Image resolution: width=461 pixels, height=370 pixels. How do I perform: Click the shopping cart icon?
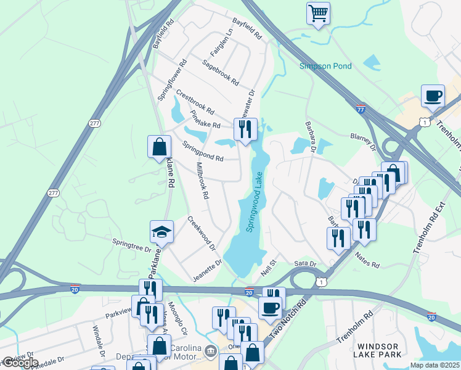[x=318, y=13]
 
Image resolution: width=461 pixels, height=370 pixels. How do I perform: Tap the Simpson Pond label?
[x=325, y=66]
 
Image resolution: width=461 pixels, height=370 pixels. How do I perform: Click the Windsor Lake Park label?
[x=375, y=350]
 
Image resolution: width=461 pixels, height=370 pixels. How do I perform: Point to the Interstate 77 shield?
[x=361, y=109]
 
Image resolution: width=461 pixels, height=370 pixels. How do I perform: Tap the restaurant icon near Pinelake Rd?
[x=245, y=129]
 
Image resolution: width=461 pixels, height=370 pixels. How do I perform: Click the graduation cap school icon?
[x=161, y=232]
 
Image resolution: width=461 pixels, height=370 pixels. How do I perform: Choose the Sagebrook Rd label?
[x=220, y=72]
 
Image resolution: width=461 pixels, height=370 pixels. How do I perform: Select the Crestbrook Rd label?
[x=195, y=102]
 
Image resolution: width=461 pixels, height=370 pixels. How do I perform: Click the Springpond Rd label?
[x=203, y=150]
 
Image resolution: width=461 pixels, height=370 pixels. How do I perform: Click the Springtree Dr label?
[x=131, y=245]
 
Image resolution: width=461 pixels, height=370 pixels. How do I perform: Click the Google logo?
[x=20, y=363]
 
